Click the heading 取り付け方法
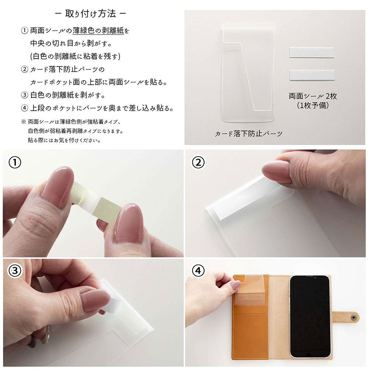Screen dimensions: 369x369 (x=90, y=14)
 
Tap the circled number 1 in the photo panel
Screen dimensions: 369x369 (x=15, y=162)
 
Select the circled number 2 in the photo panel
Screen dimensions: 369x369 (x=198, y=162)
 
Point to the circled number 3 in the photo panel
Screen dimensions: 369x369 (x=15, y=271)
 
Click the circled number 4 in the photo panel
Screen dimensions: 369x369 (x=198, y=271)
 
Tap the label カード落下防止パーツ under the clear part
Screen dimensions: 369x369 (x=248, y=134)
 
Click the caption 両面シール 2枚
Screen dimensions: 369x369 (x=313, y=96)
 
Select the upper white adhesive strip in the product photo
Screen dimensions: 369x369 (x=311, y=52)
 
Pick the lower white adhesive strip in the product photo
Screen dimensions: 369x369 (x=312, y=75)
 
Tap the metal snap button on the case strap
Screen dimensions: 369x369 (x=354, y=316)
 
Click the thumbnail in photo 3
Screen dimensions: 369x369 (x=95, y=299)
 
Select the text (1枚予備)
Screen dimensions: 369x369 (x=313, y=105)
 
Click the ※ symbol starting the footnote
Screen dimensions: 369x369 (x=24, y=122)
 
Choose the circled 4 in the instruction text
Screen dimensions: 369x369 (x=25, y=108)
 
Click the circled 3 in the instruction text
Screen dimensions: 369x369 (x=25, y=95)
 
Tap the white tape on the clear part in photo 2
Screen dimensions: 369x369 (x=244, y=197)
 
